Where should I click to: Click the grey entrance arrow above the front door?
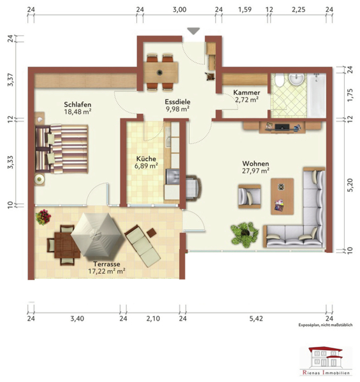click(x=194, y=31)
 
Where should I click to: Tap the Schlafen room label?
click(x=78, y=104)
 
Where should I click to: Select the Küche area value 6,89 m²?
click(x=146, y=166)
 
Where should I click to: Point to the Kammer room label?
click(x=247, y=92)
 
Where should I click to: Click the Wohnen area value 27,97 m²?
click(x=256, y=171)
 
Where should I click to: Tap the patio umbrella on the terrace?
click(x=96, y=234)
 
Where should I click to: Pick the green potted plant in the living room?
click(x=244, y=234)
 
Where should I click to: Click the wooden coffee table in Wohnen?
click(x=282, y=196)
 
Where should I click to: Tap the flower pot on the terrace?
click(x=43, y=217)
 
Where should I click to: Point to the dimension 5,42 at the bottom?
click(x=256, y=318)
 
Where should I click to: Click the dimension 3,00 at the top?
click(x=180, y=10)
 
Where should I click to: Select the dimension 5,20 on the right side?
click(x=350, y=185)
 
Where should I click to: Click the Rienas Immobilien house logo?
click(x=326, y=361)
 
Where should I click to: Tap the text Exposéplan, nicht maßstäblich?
click(x=326, y=325)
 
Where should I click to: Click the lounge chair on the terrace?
click(x=142, y=246)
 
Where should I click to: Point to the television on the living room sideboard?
click(x=282, y=127)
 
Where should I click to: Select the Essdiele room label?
click(x=177, y=102)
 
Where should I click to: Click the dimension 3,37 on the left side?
click(x=10, y=79)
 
